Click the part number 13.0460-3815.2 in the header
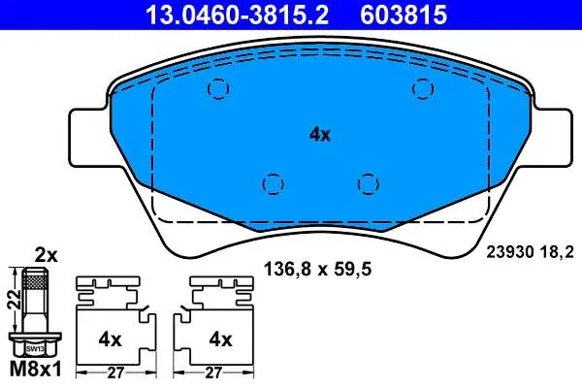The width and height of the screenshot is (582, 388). pos(238,15)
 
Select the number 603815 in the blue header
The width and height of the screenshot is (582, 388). pos(404,15)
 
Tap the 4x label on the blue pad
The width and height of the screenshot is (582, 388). pos(320,135)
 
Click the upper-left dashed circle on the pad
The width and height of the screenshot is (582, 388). pos(218,88)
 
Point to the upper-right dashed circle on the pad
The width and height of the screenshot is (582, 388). pos(423,88)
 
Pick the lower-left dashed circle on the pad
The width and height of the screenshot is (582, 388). pos(273,184)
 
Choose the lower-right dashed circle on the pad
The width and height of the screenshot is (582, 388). pos(369,184)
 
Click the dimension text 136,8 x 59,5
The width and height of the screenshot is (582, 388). pos(317,270)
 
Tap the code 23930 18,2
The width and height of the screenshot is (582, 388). pos(530,252)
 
